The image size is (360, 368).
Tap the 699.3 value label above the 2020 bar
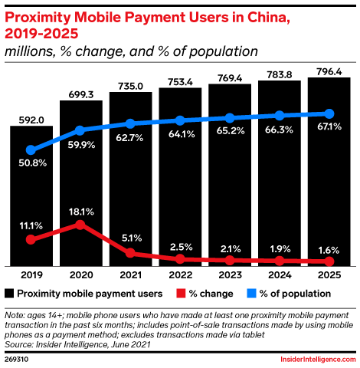click(80, 92)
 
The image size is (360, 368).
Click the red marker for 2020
click(80, 225)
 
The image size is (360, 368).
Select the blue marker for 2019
click(31, 150)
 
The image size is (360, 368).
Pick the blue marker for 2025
click(329, 113)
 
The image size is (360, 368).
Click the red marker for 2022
click(180, 259)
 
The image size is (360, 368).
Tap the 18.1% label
click(80, 210)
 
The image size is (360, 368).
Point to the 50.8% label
click(31, 164)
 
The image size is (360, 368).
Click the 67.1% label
click(329, 127)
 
